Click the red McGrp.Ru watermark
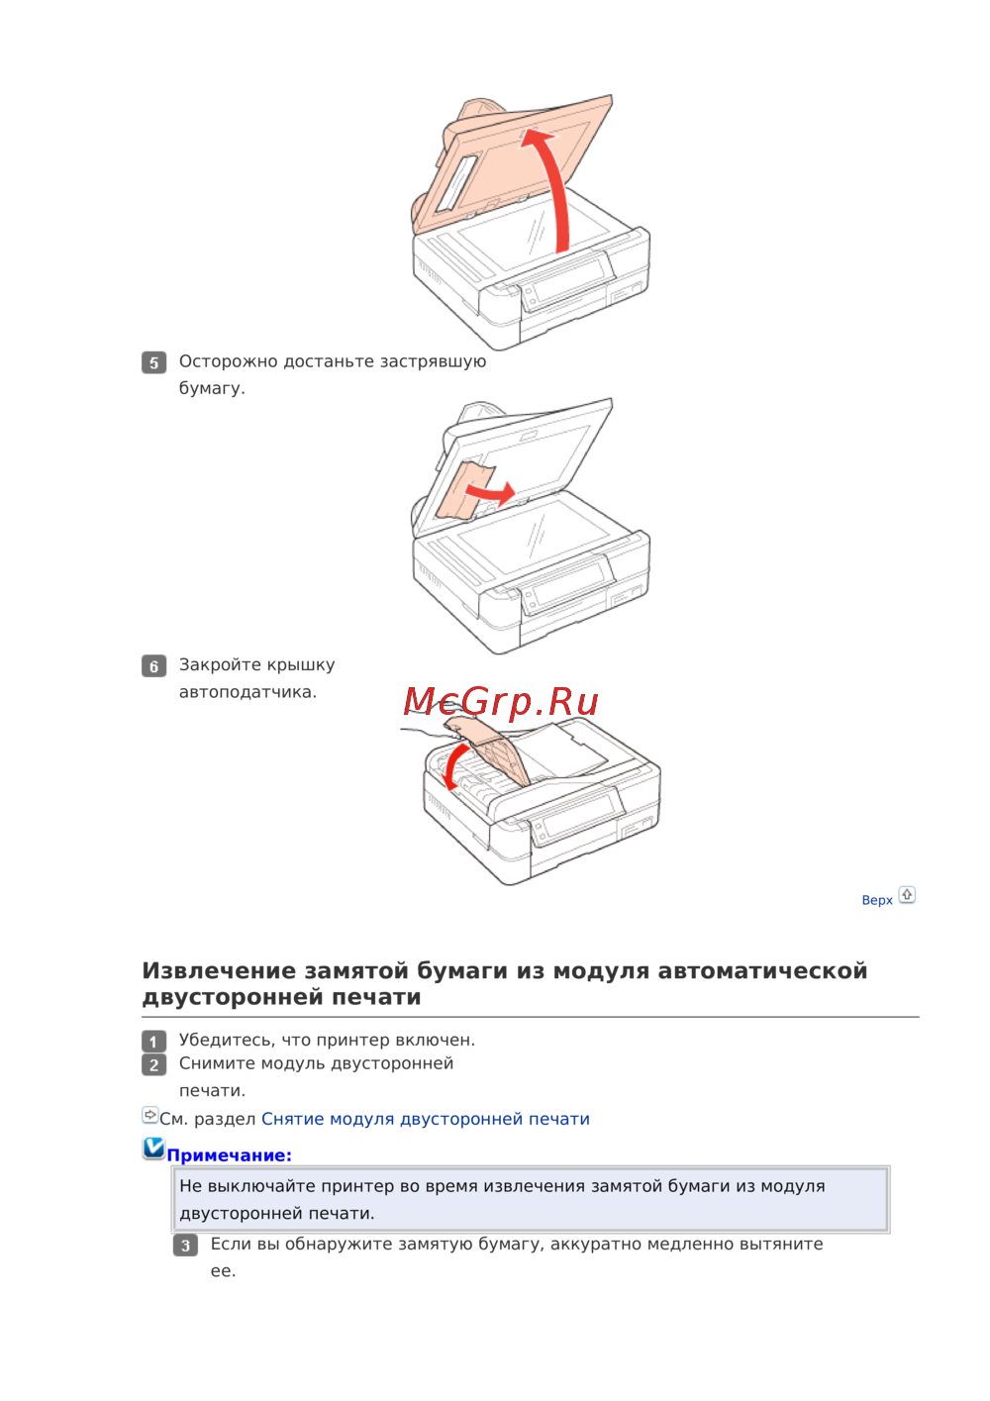pos(500,701)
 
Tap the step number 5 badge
pos(153,362)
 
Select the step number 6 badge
pos(153,666)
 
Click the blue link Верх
pos(877,900)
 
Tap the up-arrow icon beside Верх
pos(907,895)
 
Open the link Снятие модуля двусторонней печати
pos(426,1119)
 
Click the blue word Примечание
pos(229,1155)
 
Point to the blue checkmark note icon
pos(153,1148)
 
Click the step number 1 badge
pos(153,1042)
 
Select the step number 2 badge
pos(153,1064)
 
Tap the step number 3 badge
pos(185,1246)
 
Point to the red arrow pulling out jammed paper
pos(490,492)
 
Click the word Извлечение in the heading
pos(219,970)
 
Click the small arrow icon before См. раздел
pos(150,1114)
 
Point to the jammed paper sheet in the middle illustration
pos(464,491)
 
